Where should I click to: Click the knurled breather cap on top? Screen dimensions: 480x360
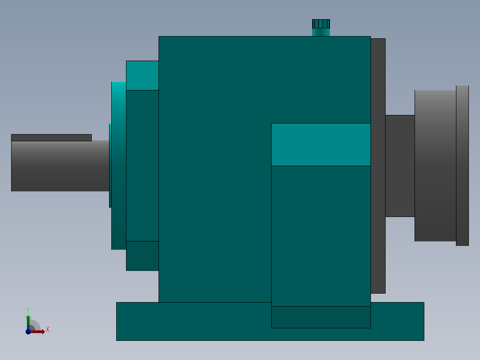coord(321,24)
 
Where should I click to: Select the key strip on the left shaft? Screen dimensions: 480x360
coord(52,138)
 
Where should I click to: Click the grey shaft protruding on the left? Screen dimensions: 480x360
coord(60,166)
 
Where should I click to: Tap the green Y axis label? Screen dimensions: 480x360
coord(28,310)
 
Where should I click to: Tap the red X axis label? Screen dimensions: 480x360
coord(48,330)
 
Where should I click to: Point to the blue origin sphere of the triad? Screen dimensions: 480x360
coord(28,331)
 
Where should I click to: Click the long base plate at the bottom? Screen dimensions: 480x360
coord(270,321)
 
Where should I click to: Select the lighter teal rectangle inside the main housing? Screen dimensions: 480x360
coord(321,145)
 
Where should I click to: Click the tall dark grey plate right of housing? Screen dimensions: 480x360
coord(378,166)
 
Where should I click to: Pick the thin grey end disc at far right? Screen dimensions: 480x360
coord(462,166)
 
